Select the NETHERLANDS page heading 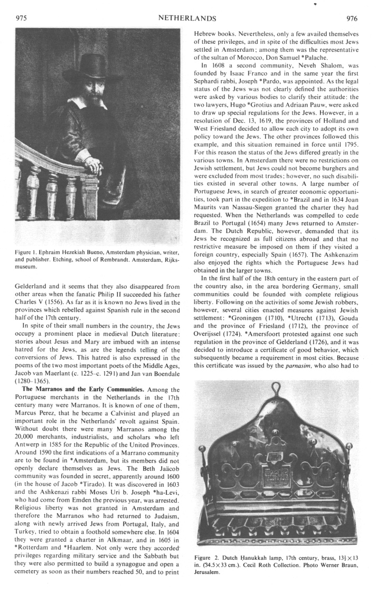pos(187,18)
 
